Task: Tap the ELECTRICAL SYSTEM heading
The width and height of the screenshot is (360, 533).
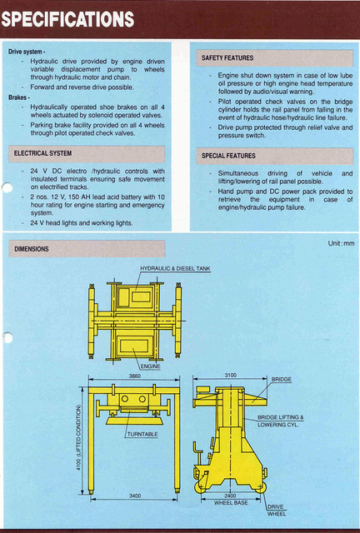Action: point(43,153)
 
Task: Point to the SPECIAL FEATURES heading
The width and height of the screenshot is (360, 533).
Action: point(228,156)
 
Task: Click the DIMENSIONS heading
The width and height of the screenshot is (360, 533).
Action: point(32,248)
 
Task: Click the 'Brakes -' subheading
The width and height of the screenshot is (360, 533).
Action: point(19,97)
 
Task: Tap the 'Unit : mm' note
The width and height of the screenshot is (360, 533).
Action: point(341,243)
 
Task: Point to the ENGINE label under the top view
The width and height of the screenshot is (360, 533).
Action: point(150,366)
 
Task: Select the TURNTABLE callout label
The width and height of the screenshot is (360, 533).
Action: point(142,435)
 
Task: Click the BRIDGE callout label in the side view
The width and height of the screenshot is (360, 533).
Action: point(282,380)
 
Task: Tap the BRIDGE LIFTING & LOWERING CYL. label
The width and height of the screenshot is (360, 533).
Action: point(280,421)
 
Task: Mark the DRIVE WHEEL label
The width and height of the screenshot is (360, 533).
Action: point(277,511)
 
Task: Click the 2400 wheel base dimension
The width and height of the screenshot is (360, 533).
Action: point(231,496)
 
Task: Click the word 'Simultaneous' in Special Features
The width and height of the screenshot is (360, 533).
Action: point(232,173)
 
